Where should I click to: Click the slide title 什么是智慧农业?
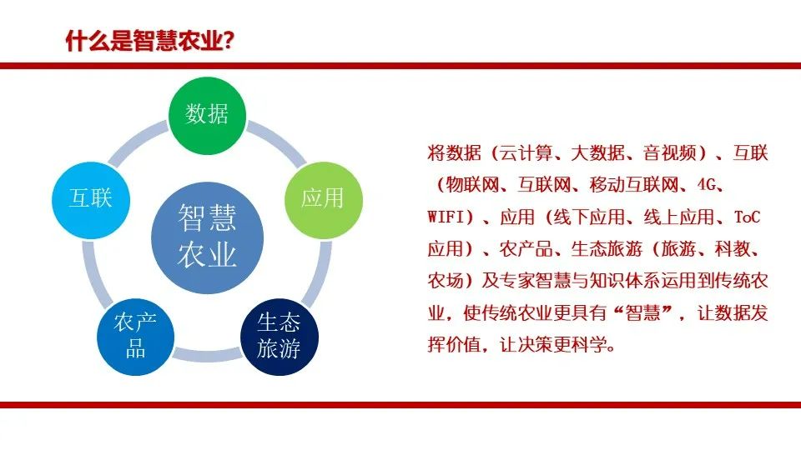tap(149, 41)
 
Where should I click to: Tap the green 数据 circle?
tap(208, 115)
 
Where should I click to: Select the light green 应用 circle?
tap(324, 199)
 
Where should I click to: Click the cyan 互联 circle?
tap(91, 200)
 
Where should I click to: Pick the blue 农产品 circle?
tap(136, 337)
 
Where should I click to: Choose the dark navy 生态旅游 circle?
tap(280, 337)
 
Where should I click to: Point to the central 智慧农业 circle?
tap(208, 237)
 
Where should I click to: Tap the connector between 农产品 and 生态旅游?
tap(208, 354)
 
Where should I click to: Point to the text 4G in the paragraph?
tap(707, 184)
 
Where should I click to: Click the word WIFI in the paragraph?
tap(445, 217)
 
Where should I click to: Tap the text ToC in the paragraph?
tap(748, 217)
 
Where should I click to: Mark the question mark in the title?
tap(229, 41)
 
